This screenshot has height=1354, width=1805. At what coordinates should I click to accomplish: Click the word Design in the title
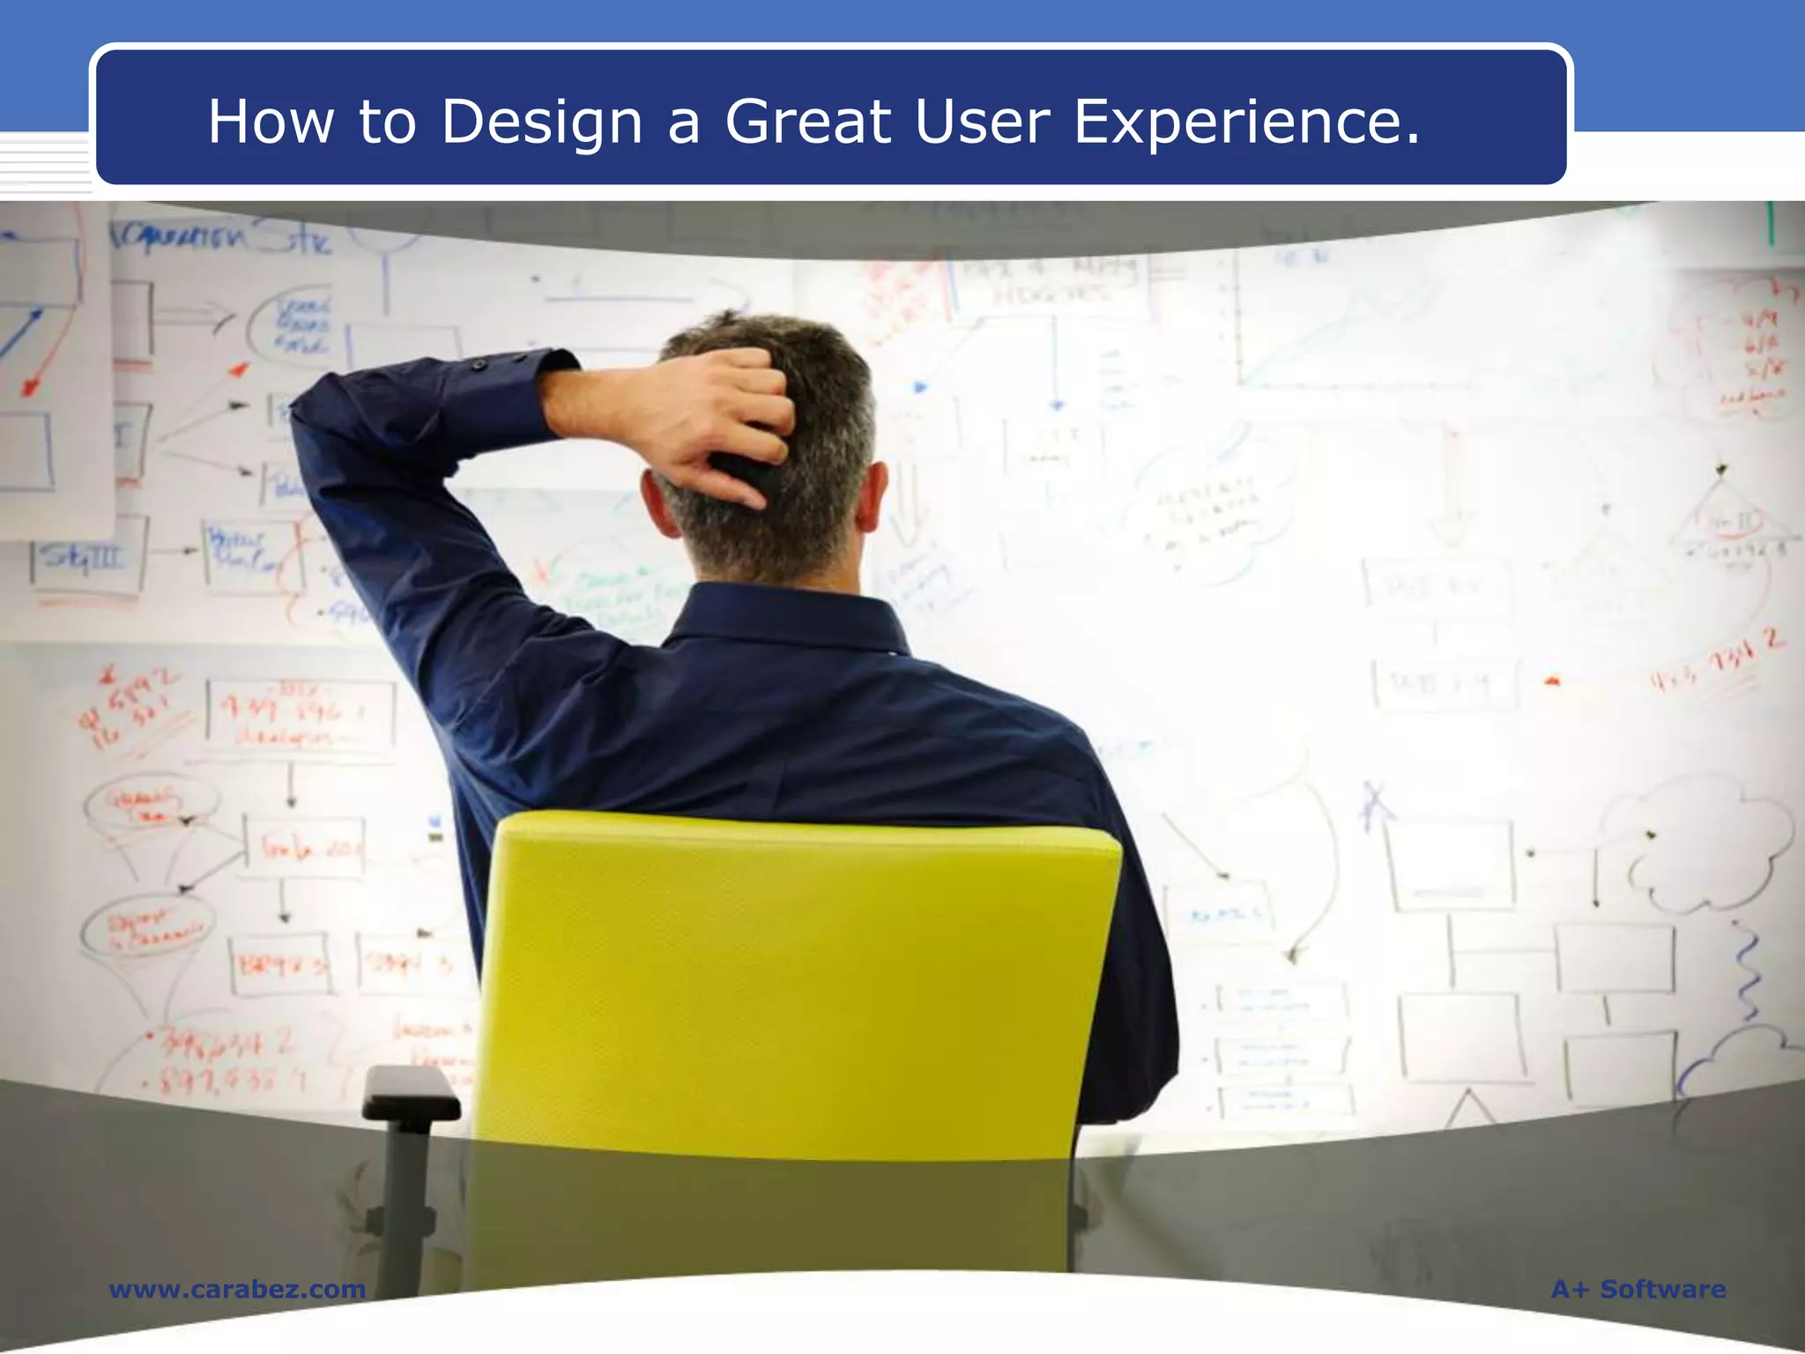point(541,122)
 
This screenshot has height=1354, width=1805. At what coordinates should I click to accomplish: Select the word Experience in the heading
point(1246,122)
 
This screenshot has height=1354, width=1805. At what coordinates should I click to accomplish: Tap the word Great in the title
point(807,122)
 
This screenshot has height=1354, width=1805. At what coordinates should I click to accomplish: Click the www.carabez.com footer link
point(237,1289)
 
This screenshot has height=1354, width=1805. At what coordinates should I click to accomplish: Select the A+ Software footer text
point(1638,1289)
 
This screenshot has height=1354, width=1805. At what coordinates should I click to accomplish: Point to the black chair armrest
point(411,1093)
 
